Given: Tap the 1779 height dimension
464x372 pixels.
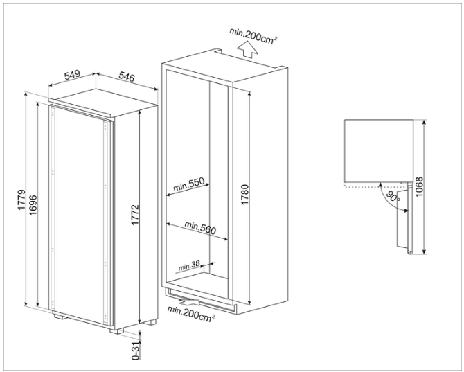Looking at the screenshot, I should (x=21, y=201).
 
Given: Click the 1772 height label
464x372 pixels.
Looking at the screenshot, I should (x=136, y=216).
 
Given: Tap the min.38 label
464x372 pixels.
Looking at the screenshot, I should (x=188, y=267).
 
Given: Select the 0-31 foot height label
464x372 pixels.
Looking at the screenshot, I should (x=136, y=348).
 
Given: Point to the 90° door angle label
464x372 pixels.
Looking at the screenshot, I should (x=392, y=197).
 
